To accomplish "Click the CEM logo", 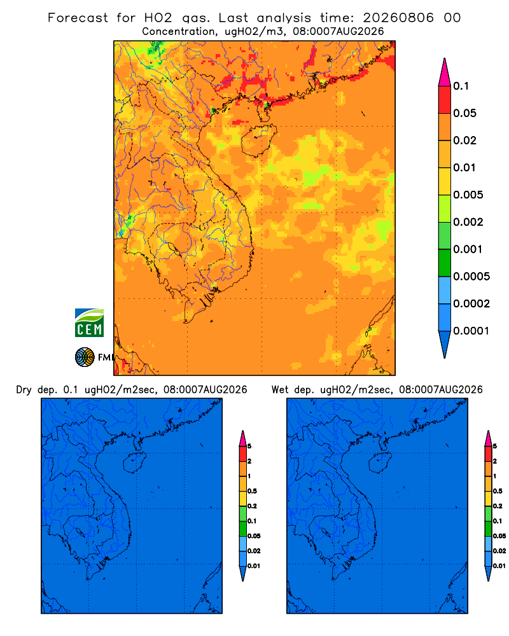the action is [x=89, y=322].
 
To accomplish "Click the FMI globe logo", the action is [x=85, y=357].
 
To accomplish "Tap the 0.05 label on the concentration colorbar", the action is [x=464, y=113].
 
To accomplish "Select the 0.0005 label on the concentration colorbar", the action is [x=471, y=277].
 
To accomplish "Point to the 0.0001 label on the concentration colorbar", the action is [x=471, y=331].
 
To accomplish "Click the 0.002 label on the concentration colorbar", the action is [x=468, y=222].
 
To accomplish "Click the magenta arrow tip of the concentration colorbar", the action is [x=445, y=73].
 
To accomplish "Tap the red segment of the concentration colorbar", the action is [x=445, y=99].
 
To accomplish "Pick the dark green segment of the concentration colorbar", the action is [x=445, y=263].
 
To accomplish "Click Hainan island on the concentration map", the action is [x=258, y=141].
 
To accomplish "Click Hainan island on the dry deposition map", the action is [x=134, y=463].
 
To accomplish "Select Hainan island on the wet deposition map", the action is [x=379, y=463].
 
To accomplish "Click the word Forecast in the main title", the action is [x=78, y=18].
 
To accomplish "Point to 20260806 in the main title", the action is [x=398, y=18].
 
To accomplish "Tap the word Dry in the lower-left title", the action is [x=24, y=390].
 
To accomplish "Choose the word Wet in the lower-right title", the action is [x=280, y=390].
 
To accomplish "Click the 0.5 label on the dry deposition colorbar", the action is [x=252, y=491].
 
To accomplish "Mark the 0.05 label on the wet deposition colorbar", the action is [x=499, y=536].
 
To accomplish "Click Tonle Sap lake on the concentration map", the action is [x=171, y=247].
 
